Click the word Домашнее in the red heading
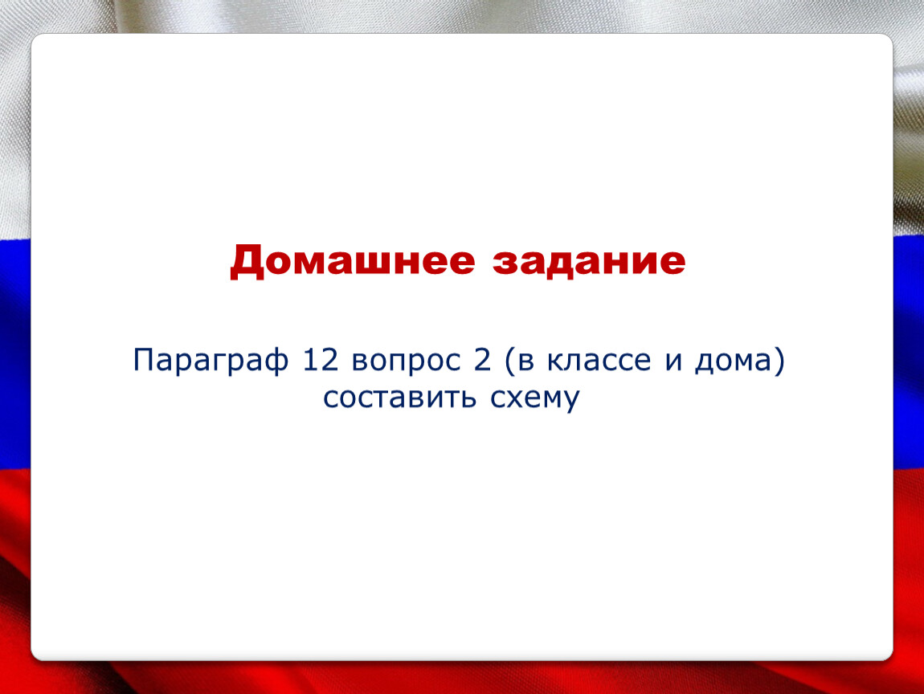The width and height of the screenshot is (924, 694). [x=353, y=262]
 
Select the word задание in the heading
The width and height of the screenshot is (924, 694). [x=589, y=262]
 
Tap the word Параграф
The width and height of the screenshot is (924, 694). [x=211, y=361]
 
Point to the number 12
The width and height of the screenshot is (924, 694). [x=321, y=360]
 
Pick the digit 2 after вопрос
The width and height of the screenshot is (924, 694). [x=482, y=360]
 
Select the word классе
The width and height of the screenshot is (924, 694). [x=599, y=361]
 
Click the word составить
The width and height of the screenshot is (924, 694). [x=399, y=398]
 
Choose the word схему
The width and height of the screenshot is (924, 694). [x=535, y=400]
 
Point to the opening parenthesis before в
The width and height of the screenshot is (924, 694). [x=510, y=361]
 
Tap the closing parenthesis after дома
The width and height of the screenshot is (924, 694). [x=779, y=361]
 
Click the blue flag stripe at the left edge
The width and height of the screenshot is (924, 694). [x=15, y=353]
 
